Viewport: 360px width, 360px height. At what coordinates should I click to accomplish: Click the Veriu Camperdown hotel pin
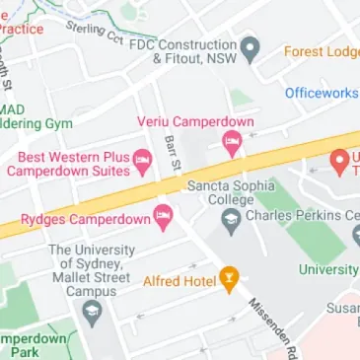pos(232,144)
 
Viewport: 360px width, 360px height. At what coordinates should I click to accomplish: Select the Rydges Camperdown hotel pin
pos(163,214)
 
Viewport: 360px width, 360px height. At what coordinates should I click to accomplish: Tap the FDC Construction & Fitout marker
pos(251,46)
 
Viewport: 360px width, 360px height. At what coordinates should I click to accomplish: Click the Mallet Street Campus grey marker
pos(94,314)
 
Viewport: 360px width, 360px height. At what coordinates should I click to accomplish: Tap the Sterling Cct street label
pos(94,33)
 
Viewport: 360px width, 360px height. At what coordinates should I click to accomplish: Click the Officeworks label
pos(322,93)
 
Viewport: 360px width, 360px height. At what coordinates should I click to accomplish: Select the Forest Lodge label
pos(322,51)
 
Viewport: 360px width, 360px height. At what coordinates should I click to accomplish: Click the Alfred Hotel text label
pos(180,281)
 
